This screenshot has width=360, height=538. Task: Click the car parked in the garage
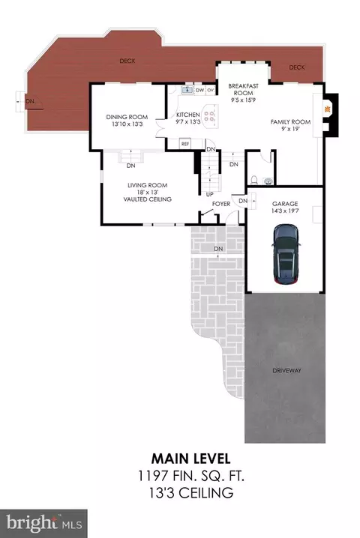(x=286, y=254)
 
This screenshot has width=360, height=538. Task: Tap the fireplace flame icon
(x=327, y=109)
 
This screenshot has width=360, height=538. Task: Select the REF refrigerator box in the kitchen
(x=185, y=144)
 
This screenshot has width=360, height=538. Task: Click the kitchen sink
(x=187, y=90)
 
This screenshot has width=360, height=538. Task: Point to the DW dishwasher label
(x=200, y=90)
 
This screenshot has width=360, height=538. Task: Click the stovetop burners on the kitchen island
(x=209, y=115)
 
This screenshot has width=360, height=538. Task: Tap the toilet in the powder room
(x=254, y=180)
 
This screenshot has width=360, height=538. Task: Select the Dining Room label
(x=127, y=117)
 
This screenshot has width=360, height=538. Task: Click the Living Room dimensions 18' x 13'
(x=147, y=193)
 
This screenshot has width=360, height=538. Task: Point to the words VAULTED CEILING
(x=147, y=199)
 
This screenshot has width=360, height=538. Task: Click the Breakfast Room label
(x=243, y=89)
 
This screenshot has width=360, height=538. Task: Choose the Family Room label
(x=290, y=122)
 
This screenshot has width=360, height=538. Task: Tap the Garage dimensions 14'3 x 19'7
(x=285, y=211)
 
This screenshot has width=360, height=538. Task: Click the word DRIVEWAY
(x=286, y=371)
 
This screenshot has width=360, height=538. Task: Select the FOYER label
(x=221, y=204)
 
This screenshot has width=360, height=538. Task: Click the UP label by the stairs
(x=209, y=195)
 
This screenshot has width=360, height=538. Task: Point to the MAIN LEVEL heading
(x=190, y=459)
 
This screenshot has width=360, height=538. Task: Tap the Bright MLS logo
(x=43, y=523)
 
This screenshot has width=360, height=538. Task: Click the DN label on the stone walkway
(x=218, y=249)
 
